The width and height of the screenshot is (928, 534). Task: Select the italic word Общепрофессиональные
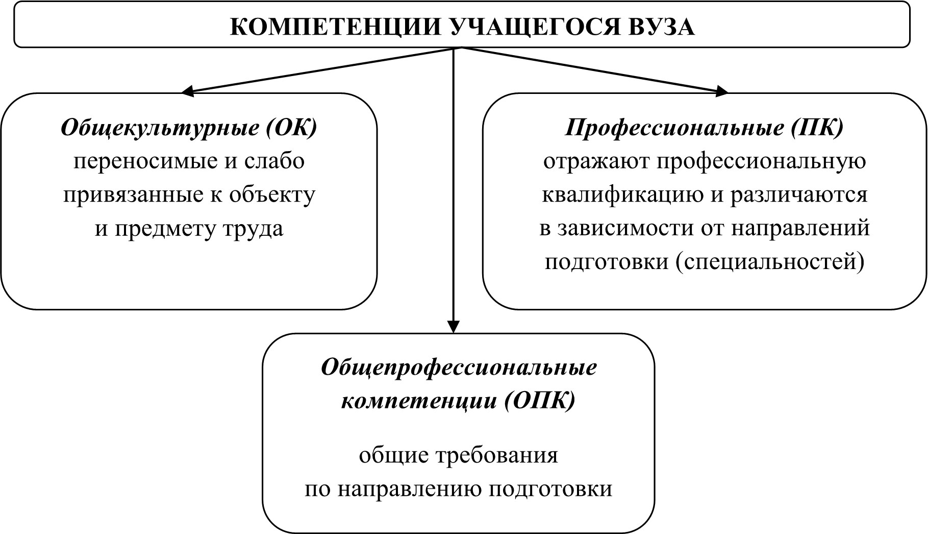tap(459, 368)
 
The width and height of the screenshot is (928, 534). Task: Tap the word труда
tap(254, 229)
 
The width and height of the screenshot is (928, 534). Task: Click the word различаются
tap(799, 196)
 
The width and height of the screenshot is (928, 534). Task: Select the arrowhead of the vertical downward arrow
tap(454, 327)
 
